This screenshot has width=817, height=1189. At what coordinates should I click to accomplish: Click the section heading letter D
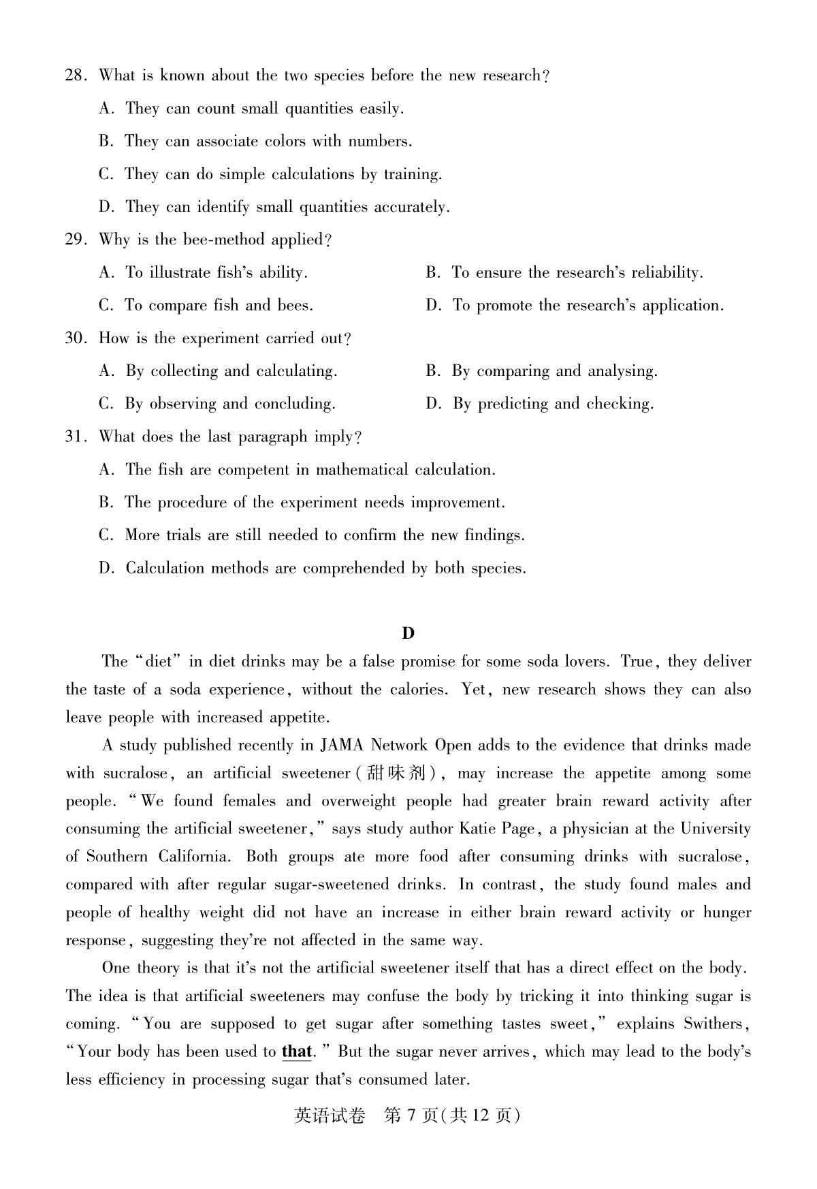[408, 633]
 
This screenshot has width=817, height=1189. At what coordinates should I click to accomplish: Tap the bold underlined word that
[296, 1051]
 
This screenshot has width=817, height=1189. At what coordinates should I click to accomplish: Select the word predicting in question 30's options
[513, 405]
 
